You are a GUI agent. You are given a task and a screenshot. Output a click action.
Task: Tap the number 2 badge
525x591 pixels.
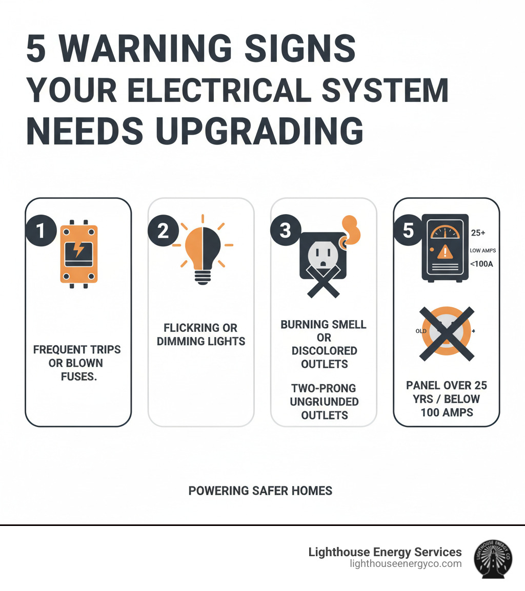pyautogui.click(x=163, y=231)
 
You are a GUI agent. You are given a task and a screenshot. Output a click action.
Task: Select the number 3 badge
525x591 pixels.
pyautogui.click(x=286, y=231)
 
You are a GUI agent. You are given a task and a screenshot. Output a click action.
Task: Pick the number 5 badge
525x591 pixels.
pyautogui.click(x=408, y=231)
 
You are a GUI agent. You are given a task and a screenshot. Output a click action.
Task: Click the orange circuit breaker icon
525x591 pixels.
pyautogui.click(x=79, y=254)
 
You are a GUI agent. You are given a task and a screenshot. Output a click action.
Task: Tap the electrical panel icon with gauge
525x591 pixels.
pyautogui.click(x=445, y=247)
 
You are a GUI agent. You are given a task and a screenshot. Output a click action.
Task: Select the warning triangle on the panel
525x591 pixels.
pyautogui.click(x=445, y=251)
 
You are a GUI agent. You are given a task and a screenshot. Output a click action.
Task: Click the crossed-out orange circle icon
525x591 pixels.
pyautogui.click(x=447, y=331)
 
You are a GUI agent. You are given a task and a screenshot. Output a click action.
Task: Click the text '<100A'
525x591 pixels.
pyautogui.click(x=481, y=265)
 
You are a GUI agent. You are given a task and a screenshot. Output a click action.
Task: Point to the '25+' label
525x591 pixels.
pyautogui.click(x=478, y=233)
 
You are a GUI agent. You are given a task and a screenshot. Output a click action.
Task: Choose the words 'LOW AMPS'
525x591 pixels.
pyautogui.click(x=482, y=250)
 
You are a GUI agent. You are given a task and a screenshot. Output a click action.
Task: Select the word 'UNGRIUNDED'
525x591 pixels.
pyautogui.click(x=324, y=402)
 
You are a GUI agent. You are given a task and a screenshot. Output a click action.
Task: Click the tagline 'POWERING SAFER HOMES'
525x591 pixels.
pyautogui.click(x=260, y=491)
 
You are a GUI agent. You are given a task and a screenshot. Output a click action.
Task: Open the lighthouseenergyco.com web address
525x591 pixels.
pyautogui.click(x=406, y=564)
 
